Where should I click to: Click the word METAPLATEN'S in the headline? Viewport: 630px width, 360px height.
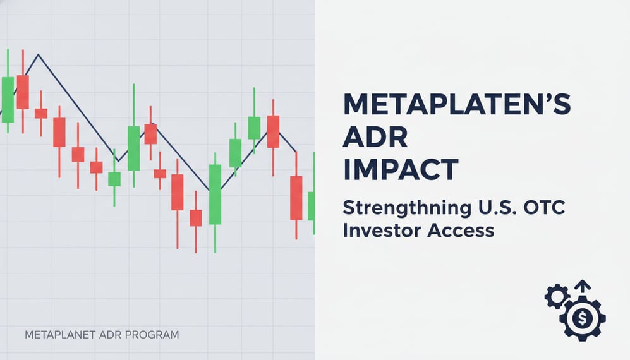pyautogui.click(x=456, y=105)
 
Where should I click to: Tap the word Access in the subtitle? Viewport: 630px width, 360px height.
pyautogui.click(x=460, y=231)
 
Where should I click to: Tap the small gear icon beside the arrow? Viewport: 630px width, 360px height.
pyautogui.click(x=556, y=296)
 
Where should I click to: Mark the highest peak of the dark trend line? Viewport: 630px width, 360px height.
pyautogui.click(x=38, y=55)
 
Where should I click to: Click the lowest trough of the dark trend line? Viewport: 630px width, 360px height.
pyautogui.click(x=208, y=189)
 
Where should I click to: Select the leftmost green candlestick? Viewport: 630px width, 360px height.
pyautogui.click(x=8, y=99)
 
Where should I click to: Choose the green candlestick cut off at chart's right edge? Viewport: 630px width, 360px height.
pyautogui.click(x=312, y=205)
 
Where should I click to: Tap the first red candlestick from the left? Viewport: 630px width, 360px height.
pyautogui.click(x=23, y=92)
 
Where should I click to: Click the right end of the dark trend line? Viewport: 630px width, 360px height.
pyautogui.click(x=295, y=151)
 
